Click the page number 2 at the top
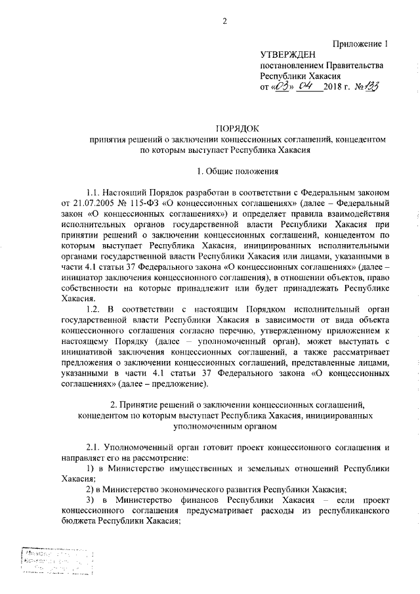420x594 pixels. point(224,21)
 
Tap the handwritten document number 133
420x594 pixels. point(373,87)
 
